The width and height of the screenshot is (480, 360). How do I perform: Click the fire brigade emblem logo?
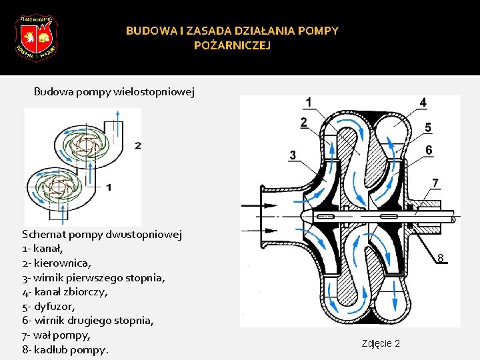[36, 37]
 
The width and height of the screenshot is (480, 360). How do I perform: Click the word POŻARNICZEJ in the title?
[232, 45]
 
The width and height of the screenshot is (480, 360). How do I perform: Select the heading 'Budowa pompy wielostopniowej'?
[114, 92]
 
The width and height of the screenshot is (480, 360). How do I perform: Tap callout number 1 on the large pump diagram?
[308, 102]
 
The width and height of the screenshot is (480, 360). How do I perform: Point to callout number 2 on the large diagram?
[303, 122]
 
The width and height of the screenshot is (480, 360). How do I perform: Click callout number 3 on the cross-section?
[293, 155]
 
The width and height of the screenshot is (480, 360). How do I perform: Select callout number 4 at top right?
[423, 102]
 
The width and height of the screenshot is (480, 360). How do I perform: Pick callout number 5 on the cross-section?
[427, 127]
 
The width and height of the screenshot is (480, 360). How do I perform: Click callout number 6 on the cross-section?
[429, 151]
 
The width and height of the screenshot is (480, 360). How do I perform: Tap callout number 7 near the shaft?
[435, 182]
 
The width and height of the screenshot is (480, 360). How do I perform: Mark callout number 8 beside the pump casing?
[441, 258]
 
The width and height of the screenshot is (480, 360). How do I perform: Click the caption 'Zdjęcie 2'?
[381, 343]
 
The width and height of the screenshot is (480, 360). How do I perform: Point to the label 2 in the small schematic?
[137, 145]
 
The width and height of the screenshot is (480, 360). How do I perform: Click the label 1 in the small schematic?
[108, 187]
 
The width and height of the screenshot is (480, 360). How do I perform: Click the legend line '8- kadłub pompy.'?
[65, 349]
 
